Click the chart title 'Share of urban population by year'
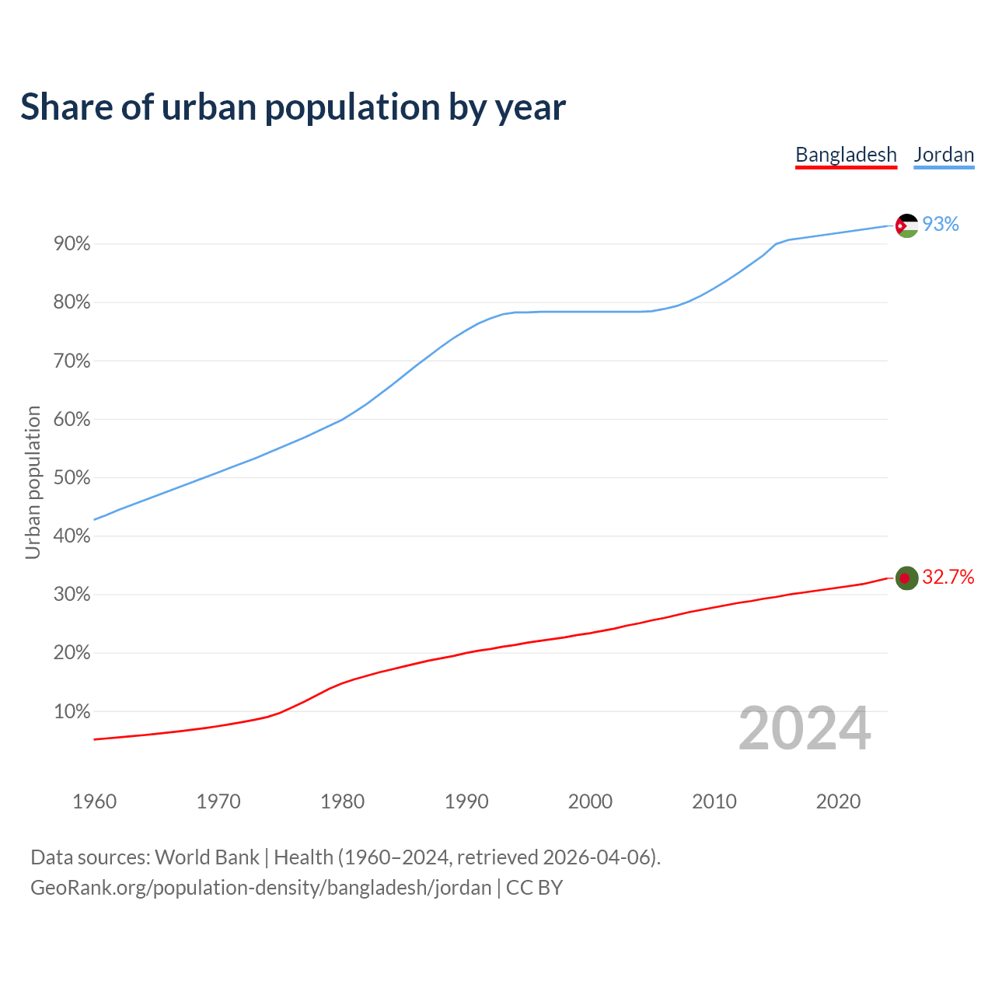tap(293, 106)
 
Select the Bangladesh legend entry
tap(846, 155)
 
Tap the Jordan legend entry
tap(944, 155)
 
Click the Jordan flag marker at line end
tap(906, 225)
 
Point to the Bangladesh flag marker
tap(906, 578)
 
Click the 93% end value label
tap(941, 224)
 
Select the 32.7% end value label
tap(948, 577)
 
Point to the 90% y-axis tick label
tap(72, 244)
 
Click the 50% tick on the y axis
tap(72, 478)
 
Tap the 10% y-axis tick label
tap(72, 711)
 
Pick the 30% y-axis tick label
tap(72, 595)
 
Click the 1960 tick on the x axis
tap(94, 801)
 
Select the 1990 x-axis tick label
tap(466, 801)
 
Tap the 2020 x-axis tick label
tap(838, 801)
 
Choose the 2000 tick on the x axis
tap(590, 801)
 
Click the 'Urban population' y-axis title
tap(33, 482)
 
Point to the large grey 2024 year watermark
tap(805, 728)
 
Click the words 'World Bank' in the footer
tap(207, 857)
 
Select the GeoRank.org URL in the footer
tap(260, 888)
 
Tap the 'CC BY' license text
tap(534, 888)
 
